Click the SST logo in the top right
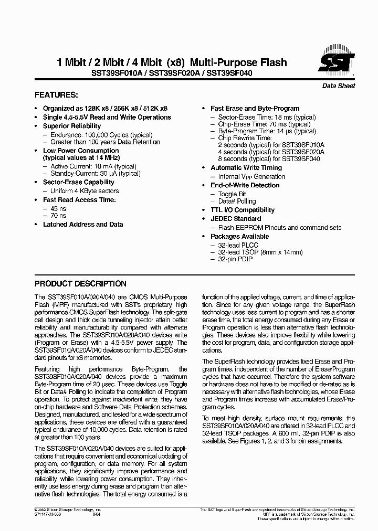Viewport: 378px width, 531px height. tap(336, 62)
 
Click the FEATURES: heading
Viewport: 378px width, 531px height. tap(56, 95)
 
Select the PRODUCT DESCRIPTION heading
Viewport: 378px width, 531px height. tap(80, 284)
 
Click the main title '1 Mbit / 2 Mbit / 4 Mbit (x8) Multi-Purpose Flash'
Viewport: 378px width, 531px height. tap(172, 62)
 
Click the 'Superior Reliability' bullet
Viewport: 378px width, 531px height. tap(71, 126)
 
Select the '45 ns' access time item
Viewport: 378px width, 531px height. tap(58, 208)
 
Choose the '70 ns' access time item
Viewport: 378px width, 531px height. tap(58, 215)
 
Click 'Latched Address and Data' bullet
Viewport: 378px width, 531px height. tap(83, 224)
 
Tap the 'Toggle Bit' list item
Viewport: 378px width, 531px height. tap(232, 194)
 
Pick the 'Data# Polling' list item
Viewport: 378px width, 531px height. tap(237, 201)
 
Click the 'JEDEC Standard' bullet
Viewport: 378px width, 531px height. tap(236, 219)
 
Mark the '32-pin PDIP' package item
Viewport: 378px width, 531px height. tap(235, 259)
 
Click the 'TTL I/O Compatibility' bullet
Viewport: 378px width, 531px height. tap(243, 210)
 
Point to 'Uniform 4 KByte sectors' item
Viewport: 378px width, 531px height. tap(85, 191)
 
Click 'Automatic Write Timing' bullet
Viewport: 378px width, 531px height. tap(246, 168)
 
